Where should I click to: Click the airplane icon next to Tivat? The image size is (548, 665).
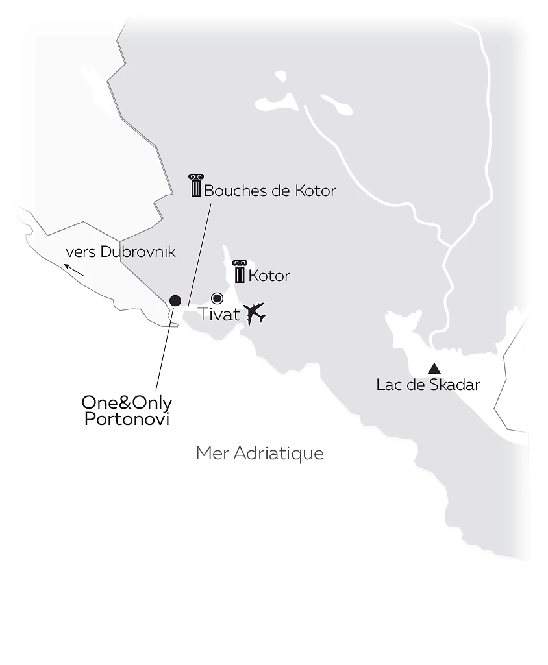click(x=255, y=313)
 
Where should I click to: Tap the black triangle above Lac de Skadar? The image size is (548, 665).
click(x=434, y=369)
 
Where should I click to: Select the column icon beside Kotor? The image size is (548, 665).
click(x=240, y=272)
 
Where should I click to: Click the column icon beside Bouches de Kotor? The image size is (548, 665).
click(x=195, y=186)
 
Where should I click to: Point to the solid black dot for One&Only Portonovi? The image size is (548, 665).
click(x=175, y=300)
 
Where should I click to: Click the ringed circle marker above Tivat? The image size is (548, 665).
click(x=218, y=298)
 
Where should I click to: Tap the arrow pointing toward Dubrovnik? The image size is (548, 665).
click(x=74, y=269)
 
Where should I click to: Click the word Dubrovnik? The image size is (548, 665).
click(x=138, y=252)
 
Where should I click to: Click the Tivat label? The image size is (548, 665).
click(x=219, y=315)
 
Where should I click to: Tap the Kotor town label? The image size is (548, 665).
click(x=269, y=276)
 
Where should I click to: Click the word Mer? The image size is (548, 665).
click(x=212, y=453)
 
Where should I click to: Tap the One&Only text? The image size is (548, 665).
click(x=127, y=403)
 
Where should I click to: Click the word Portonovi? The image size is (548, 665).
click(x=127, y=419)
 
